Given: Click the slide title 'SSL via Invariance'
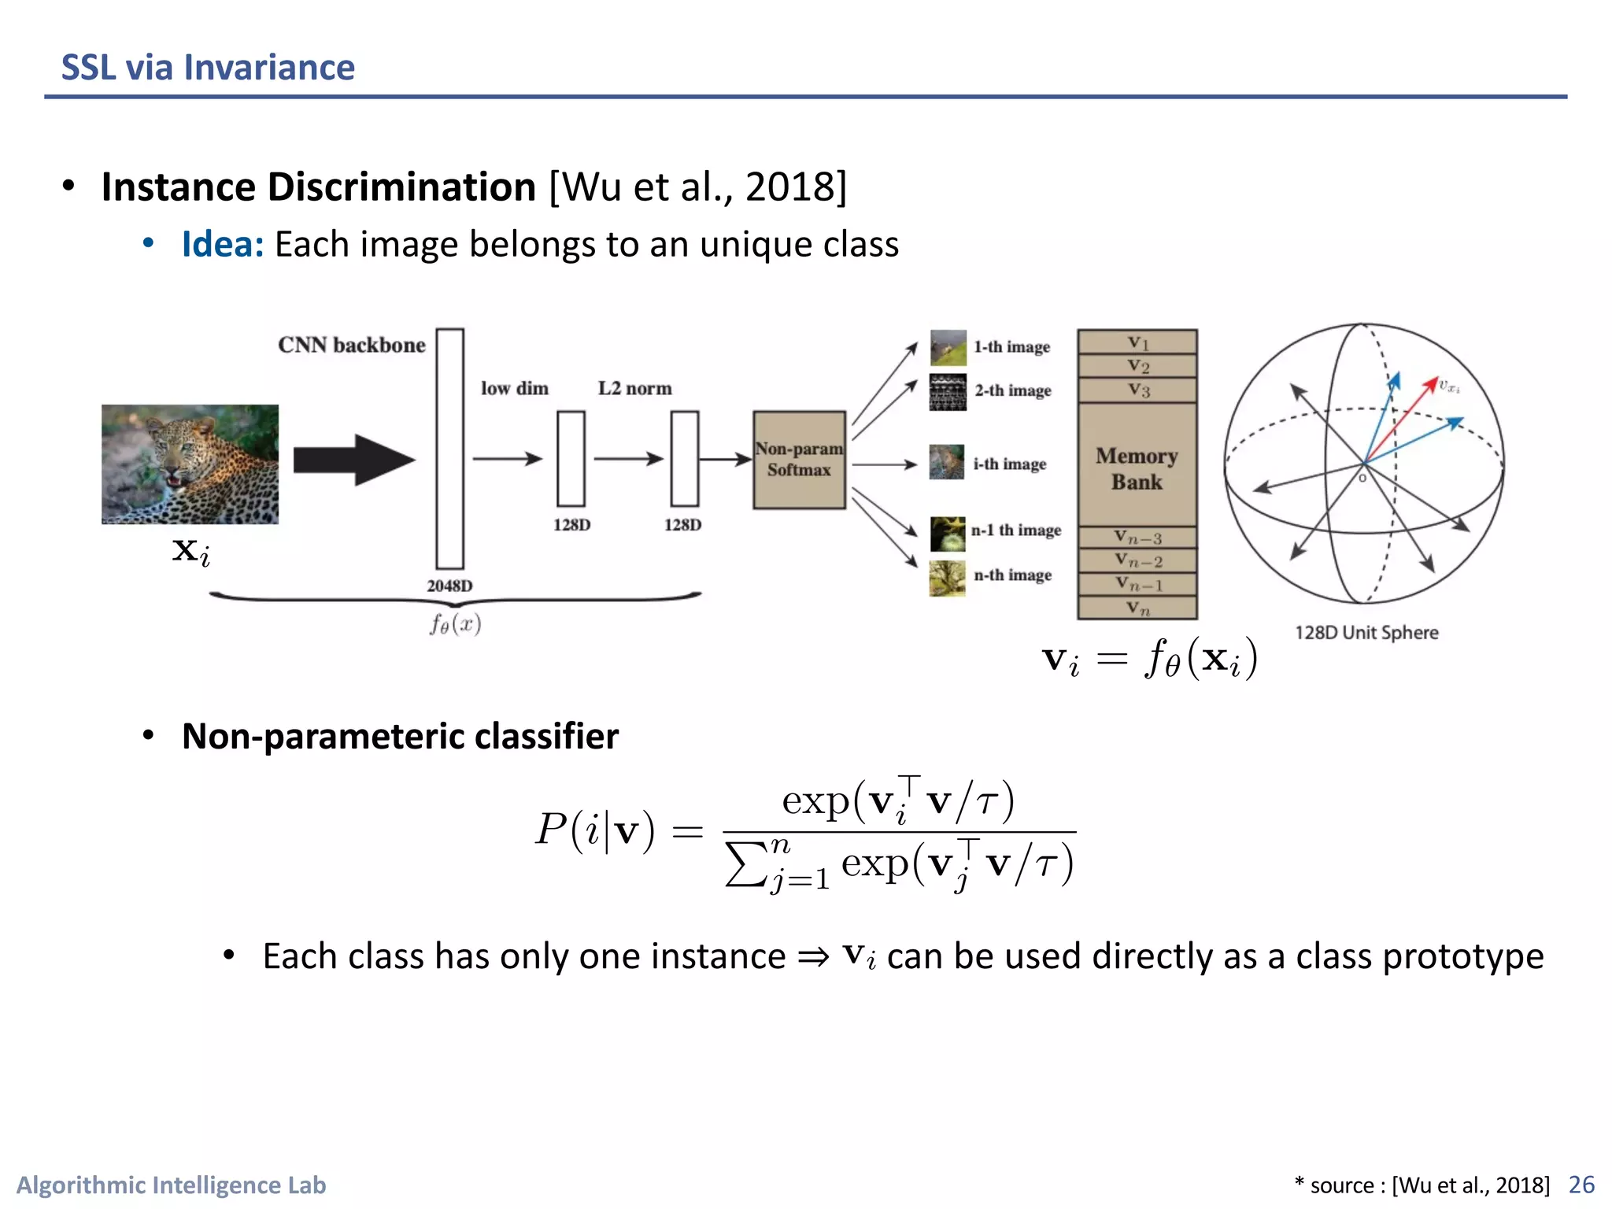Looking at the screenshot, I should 208,68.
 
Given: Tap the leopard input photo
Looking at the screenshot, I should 190,464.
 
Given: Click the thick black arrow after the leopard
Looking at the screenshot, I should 353,460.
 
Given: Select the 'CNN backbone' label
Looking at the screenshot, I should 351,346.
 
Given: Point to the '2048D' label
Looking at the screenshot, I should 449,586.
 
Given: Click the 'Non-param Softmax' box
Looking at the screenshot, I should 799,460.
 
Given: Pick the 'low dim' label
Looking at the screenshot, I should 515,389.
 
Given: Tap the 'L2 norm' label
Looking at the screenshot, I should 634,389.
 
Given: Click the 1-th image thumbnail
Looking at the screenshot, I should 948,347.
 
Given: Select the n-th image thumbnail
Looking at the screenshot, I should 947,579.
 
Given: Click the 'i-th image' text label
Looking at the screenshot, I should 1010,464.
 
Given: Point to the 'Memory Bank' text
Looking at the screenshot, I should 1137,469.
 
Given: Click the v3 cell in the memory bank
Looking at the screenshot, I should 1137,390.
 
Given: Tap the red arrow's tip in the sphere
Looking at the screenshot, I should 1434,382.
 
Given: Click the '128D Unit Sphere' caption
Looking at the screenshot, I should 1366,633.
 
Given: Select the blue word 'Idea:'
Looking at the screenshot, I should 223,245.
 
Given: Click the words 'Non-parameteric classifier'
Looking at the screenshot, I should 400,737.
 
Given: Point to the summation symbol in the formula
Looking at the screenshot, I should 745,864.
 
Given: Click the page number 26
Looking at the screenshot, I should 1581,1185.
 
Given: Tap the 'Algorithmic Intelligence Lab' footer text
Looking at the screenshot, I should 171,1185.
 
